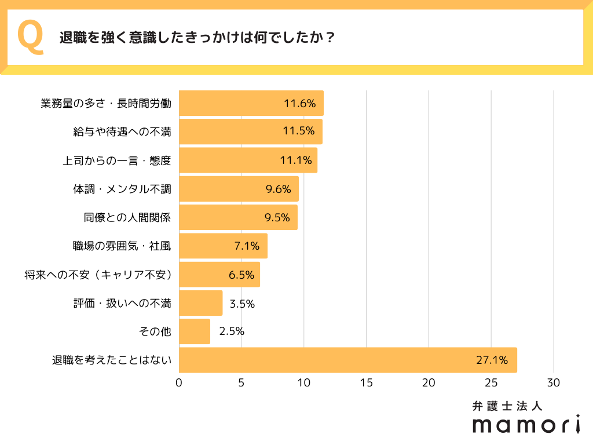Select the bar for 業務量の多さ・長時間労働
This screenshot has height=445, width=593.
pyautogui.click(x=251, y=103)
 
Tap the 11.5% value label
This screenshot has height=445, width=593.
pyautogui.click(x=299, y=132)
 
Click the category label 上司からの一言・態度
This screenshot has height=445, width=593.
pyautogui.click(x=117, y=161)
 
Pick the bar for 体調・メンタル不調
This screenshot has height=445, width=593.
pyautogui.click(x=239, y=189)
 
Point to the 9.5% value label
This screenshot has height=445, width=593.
pyautogui.click(x=277, y=217)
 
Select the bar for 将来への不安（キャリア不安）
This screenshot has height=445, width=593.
pyautogui.click(x=219, y=275)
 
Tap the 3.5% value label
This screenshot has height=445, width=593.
pyautogui.click(x=242, y=303)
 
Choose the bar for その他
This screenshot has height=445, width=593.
pyautogui.click(x=195, y=331)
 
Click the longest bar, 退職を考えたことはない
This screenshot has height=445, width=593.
pyautogui.click(x=347, y=360)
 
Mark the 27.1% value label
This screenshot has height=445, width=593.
pyautogui.click(x=492, y=360)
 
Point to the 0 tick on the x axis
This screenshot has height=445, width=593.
pyautogui.click(x=179, y=382)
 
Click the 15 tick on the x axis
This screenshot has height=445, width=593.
pyautogui.click(x=366, y=382)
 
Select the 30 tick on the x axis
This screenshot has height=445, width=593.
pyautogui.click(x=554, y=382)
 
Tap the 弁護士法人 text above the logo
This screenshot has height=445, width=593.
pyautogui.click(x=507, y=406)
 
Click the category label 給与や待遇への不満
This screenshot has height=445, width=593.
pyautogui.click(x=122, y=132)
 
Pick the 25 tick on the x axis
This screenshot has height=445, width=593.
pyautogui.click(x=491, y=382)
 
